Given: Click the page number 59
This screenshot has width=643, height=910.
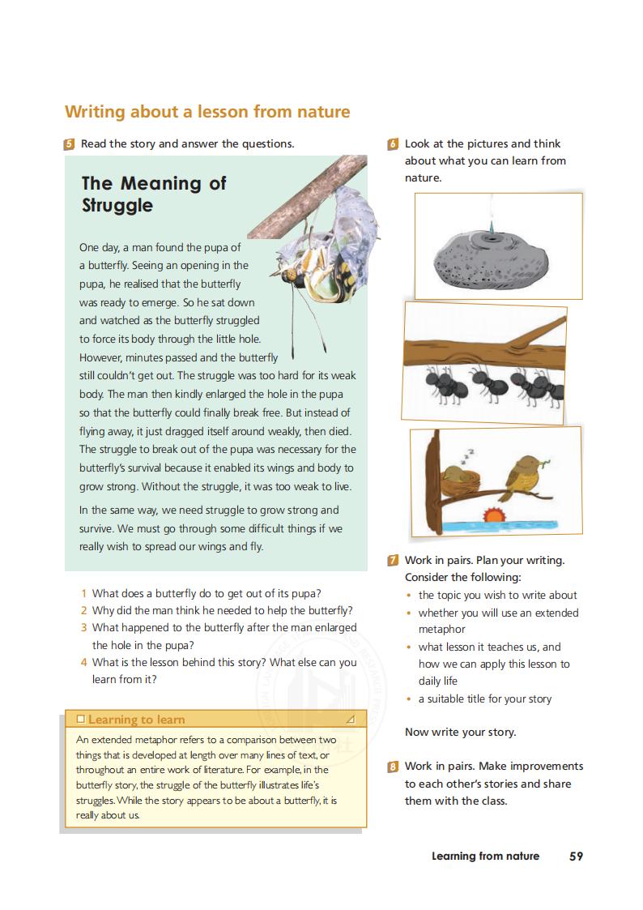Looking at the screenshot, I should click(x=576, y=856).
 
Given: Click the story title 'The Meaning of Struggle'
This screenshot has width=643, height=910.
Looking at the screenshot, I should click(x=154, y=194).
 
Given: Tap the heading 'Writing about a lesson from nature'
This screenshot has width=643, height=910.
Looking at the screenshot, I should click(x=207, y=111).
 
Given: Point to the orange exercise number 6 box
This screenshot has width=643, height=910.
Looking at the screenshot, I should click(x=394, y=144).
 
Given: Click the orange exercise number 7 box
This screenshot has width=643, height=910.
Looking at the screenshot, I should click(x=394, y=560).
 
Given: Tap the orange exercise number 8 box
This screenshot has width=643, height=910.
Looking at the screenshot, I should click(x=394, y=766).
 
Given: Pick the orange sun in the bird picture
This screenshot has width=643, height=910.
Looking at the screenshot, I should click(x=492, y=515).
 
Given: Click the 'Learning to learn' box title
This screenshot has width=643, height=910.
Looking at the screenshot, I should click(x=136, y=720).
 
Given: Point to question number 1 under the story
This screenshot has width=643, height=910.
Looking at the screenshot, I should click(x=84, y=593).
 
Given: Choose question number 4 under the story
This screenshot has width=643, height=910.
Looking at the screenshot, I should click(x=84, y=662).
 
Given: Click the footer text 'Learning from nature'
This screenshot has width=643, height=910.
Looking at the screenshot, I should click(x=485, y=856).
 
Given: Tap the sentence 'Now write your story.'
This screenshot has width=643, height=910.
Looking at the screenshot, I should click(x=460, y=732).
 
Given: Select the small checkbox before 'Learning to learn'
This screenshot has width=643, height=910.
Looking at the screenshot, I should click(x=79, y=720).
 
